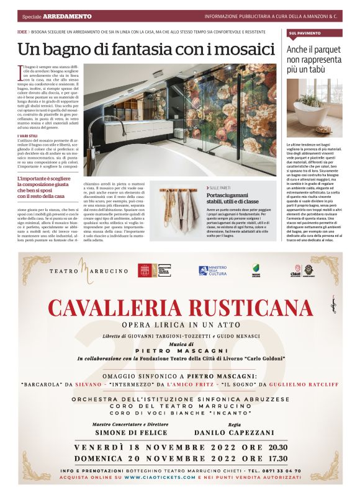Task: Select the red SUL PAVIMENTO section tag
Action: click(x=305, y=32)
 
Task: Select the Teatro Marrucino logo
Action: click(x=81, y=271)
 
